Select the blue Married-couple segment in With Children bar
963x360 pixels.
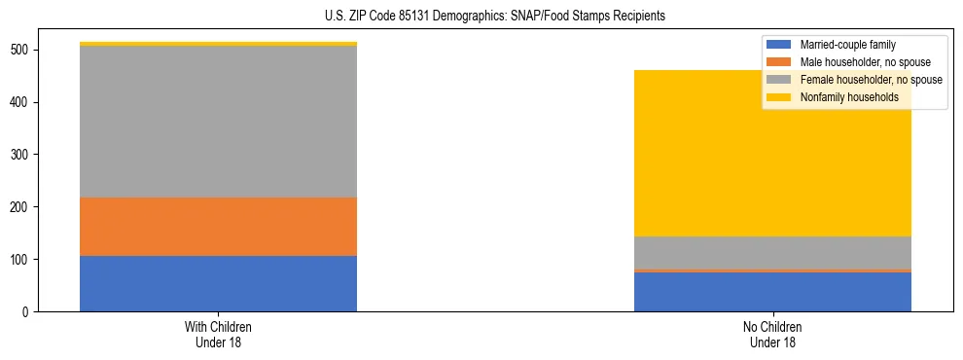(218, 283)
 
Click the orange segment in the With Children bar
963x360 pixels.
(218, 227)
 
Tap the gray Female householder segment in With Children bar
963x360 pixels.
(218, 122)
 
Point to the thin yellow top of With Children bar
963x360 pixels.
(218, 44)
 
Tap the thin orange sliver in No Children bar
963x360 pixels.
(772, 270)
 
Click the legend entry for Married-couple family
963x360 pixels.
(847, 45)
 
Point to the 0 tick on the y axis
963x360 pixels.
(28, 312)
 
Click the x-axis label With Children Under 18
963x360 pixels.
(218, 334)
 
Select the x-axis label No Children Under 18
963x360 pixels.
(772, 334)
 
